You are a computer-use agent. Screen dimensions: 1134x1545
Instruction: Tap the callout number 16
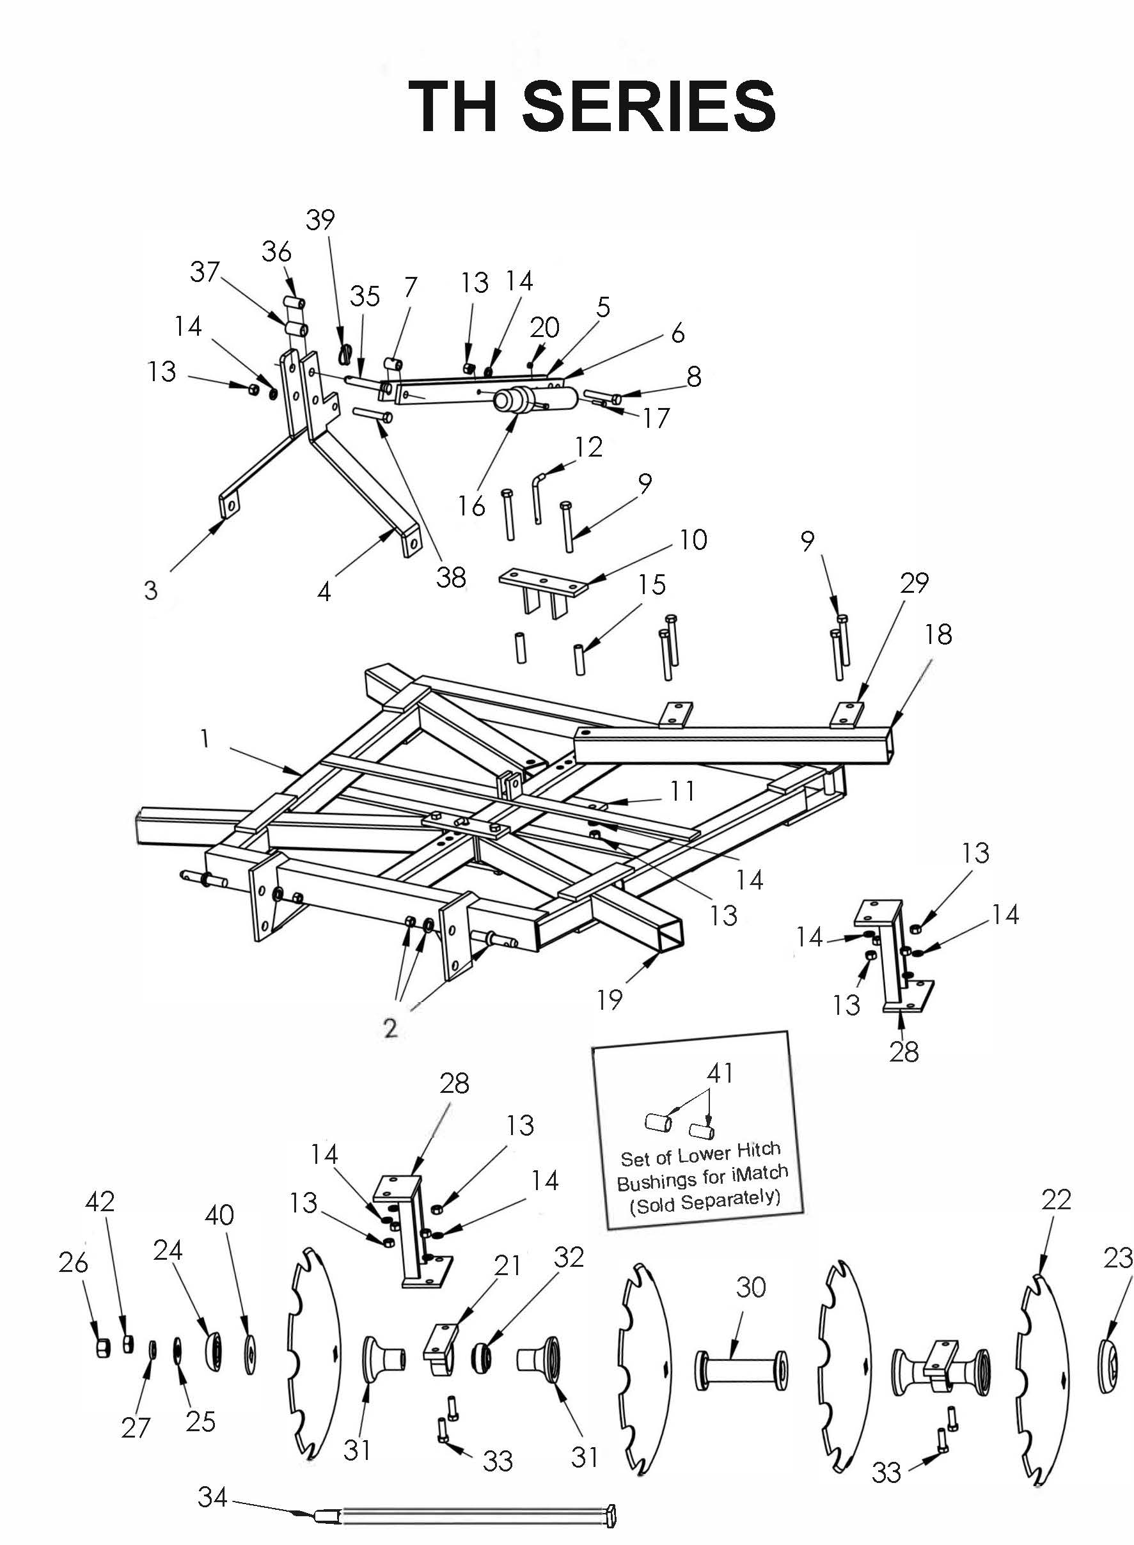pyautogui.click(x=471, y=506)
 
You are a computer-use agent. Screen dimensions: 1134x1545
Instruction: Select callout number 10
pyautogui.click(x=693, y=540)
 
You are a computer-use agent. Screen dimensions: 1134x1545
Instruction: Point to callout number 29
pyautogui.click(x=915, y=583)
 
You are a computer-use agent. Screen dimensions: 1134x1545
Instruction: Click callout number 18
pyautogui.click(x=938, y=634)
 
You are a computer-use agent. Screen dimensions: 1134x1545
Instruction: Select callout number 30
pyautogui.click(x=750, y=1287)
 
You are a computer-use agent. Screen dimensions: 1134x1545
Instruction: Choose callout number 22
pyautogui.click(x=1056, y=1199)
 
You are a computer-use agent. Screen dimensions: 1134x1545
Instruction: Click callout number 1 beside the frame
pyautogui.click(x=205, y=739)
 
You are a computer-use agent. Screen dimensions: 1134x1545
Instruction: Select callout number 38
pyautogui.click(x=451, y=577)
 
